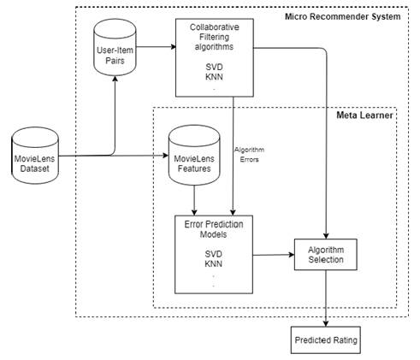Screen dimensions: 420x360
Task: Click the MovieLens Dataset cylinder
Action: click(x=35, y=156)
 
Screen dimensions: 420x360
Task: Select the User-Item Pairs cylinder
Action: click(x=115, y=47)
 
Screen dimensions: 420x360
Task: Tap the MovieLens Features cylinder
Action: click(x=194, y=155)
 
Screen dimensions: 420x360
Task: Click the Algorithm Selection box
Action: click(x=326, y=255)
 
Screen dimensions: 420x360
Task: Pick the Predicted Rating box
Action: click(x=326, y=340)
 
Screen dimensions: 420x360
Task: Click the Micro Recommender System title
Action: click(x=343, y=16)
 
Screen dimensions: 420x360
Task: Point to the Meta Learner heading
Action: click(x=364, y=115)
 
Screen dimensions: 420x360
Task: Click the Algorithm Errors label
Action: click(x=249, y=155)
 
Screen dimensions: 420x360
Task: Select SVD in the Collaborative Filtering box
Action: click(x=214, y=68)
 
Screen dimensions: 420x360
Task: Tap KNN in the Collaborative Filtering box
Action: click(x=214, y=77)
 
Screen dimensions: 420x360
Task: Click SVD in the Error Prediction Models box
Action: click(x=214, y=254)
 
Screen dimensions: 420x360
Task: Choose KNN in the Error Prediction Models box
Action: click(x=214, y=263)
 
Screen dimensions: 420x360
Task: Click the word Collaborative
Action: click(x=215, y=27)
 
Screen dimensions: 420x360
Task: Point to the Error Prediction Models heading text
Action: click(x=214, y=229)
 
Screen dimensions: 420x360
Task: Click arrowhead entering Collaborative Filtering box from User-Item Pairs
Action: click(x=174, y=47)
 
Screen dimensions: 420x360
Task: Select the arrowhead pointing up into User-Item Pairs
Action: click(x=115, y=79)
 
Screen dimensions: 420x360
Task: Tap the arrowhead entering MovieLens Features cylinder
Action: click(x=166, y=156)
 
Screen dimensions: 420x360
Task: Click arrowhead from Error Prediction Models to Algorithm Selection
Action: click(x=292, y=255)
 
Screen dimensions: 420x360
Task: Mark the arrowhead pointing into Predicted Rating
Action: click(x=326, y=323)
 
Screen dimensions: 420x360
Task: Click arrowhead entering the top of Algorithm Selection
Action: click(x=326, y=236)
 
